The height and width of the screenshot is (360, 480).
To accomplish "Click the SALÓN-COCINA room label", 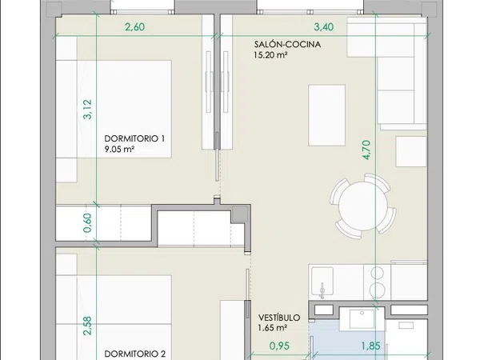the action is pos(287,44).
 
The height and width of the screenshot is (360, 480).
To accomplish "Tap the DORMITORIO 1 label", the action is pos(134,138).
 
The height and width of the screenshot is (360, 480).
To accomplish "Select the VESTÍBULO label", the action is pos(279,318).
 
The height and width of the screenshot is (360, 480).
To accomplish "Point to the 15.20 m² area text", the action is pos(270,55).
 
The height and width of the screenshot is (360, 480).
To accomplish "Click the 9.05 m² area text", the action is pos(119,150).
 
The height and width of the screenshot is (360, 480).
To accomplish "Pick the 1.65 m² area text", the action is pos(273,328).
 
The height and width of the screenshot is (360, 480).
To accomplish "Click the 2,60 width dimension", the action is pos(134,27).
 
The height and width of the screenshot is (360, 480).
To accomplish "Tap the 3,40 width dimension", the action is pos(323,27).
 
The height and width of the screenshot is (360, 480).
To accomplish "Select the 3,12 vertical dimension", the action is pos(87,110).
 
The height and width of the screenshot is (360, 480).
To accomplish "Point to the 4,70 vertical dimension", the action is pos(366,150).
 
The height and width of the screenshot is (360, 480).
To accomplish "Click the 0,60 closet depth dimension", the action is pos(87,223).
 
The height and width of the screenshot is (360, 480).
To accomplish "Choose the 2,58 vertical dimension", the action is pos(87,326).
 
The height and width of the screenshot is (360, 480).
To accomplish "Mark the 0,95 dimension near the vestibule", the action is pos(279,346).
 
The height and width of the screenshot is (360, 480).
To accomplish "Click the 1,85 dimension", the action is pos(371,346).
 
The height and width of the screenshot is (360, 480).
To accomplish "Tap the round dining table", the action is pos(363,206).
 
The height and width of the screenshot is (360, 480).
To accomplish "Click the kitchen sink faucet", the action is pos(322,290).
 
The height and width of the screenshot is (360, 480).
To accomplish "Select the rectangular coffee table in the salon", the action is pos(327,115).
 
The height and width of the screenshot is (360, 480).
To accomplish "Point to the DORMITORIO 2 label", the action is pos(135,354).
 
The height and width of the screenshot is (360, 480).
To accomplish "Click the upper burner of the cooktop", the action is pos(377,273).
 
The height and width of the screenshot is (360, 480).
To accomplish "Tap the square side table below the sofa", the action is pos(411,151).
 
